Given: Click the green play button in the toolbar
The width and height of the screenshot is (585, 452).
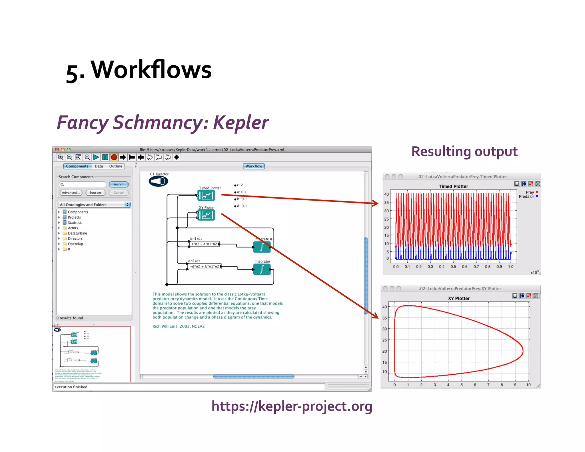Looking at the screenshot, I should click(96, 157).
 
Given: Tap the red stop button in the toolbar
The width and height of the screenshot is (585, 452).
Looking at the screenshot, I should click(114, 157).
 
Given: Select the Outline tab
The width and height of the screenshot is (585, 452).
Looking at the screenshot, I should click(115, 166).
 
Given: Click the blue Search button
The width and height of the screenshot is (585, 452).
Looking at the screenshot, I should click(118, 184).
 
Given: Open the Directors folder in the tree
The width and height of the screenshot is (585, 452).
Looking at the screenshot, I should click(75, 239).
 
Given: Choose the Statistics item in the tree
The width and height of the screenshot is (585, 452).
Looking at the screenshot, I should click(75, 223).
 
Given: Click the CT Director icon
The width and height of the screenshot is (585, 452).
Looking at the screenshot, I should click(159, 181).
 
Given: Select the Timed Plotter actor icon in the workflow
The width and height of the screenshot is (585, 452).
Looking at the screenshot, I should click(206, 196).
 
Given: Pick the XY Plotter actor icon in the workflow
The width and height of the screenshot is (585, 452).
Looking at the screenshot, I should click(206, 215).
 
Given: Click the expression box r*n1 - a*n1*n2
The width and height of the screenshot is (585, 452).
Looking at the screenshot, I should click(204, 244).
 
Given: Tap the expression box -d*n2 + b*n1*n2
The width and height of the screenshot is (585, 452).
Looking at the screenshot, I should click(205, 266).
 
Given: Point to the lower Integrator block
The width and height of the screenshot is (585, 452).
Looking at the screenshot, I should click(262, 269).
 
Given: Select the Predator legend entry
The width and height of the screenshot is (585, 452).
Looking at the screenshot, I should click(526, 197).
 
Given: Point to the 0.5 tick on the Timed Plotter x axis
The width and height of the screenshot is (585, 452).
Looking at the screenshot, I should click(453, 267).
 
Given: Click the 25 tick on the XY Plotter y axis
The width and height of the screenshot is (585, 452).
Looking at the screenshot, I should click(384, 340).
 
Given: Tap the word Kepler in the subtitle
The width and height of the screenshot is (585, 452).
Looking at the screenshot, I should click(241, 122).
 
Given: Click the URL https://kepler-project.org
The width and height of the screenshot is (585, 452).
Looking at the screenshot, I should click(292, 406).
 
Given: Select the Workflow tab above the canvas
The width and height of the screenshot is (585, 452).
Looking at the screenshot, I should click(254, 166).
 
